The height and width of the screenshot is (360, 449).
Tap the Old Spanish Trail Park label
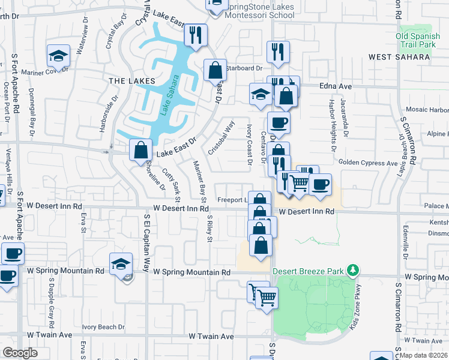pos(414,40)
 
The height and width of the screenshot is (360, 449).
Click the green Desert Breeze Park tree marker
pos(354,270)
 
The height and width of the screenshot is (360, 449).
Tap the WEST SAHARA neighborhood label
pos(399,57)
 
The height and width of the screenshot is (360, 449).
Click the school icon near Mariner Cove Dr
pos(59,56)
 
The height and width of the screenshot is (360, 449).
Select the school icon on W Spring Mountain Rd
pos(121,264)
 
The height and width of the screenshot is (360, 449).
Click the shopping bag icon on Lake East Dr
pos(140,150)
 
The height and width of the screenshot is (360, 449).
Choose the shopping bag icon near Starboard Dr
pos(215,70)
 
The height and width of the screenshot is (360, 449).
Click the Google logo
pos(20,352)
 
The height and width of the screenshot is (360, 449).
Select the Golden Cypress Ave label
pos(368,163)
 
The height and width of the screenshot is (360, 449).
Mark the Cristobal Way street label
pos(221,137)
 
